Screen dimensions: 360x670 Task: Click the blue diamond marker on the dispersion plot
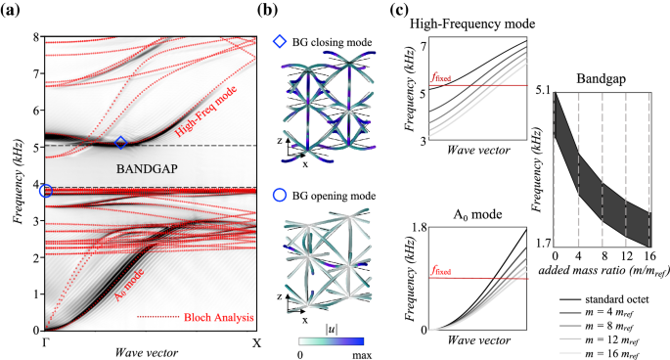point(121,143)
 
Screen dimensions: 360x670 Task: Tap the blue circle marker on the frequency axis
point(45,191)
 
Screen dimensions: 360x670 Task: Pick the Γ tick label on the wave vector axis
point(45,343)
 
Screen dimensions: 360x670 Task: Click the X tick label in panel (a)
point(257,343)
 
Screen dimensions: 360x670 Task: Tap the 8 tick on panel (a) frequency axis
point(36,37)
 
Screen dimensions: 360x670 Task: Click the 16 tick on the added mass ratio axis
point(648,254)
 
